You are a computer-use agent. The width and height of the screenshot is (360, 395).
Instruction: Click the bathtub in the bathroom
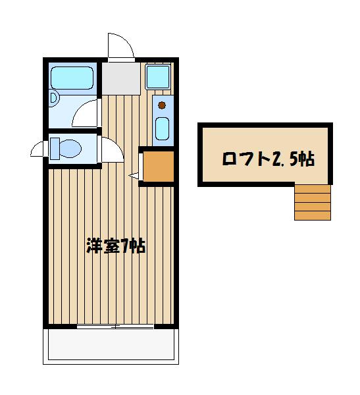72,78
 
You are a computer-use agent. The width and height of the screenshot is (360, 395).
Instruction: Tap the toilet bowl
70,148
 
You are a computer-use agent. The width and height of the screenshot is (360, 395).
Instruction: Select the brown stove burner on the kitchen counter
162,105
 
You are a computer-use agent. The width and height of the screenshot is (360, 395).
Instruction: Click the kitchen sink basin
163,129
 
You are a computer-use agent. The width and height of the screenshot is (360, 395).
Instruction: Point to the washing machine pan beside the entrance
158,77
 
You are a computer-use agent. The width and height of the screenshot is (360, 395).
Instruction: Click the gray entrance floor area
121,78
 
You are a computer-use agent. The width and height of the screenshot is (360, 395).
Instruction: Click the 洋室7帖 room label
116,246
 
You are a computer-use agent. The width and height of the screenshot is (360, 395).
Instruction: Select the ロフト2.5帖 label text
269,159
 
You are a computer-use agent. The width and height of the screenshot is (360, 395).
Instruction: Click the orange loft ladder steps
313,203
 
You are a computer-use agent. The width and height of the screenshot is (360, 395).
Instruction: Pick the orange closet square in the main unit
159,166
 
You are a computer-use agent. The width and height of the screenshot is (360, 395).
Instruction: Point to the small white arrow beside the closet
134,176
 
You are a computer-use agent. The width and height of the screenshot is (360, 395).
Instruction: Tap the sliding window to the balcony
115,327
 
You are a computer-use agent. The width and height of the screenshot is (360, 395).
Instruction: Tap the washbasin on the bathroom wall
54,98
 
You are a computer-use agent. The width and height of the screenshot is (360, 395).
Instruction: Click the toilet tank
55,149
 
